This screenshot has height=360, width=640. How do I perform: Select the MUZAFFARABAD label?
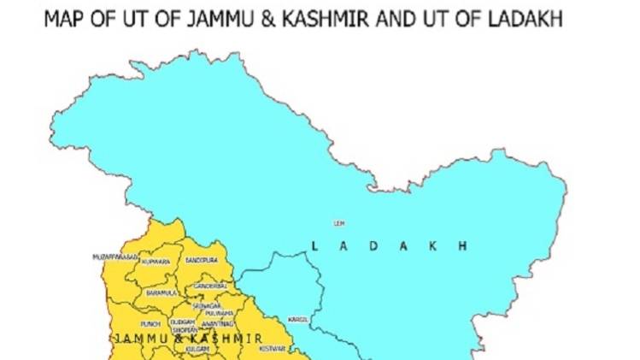point(115,256)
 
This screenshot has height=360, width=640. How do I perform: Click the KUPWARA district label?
point(157,261)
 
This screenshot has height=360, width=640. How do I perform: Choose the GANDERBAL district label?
point(209,286)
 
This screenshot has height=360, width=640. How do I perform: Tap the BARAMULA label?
point(161,292)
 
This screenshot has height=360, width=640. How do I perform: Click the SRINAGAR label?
point(207,305)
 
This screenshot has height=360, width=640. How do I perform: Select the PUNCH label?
point(150,324)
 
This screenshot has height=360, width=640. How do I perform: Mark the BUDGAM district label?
point(181,322)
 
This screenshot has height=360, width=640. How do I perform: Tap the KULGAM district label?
point(197,349)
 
